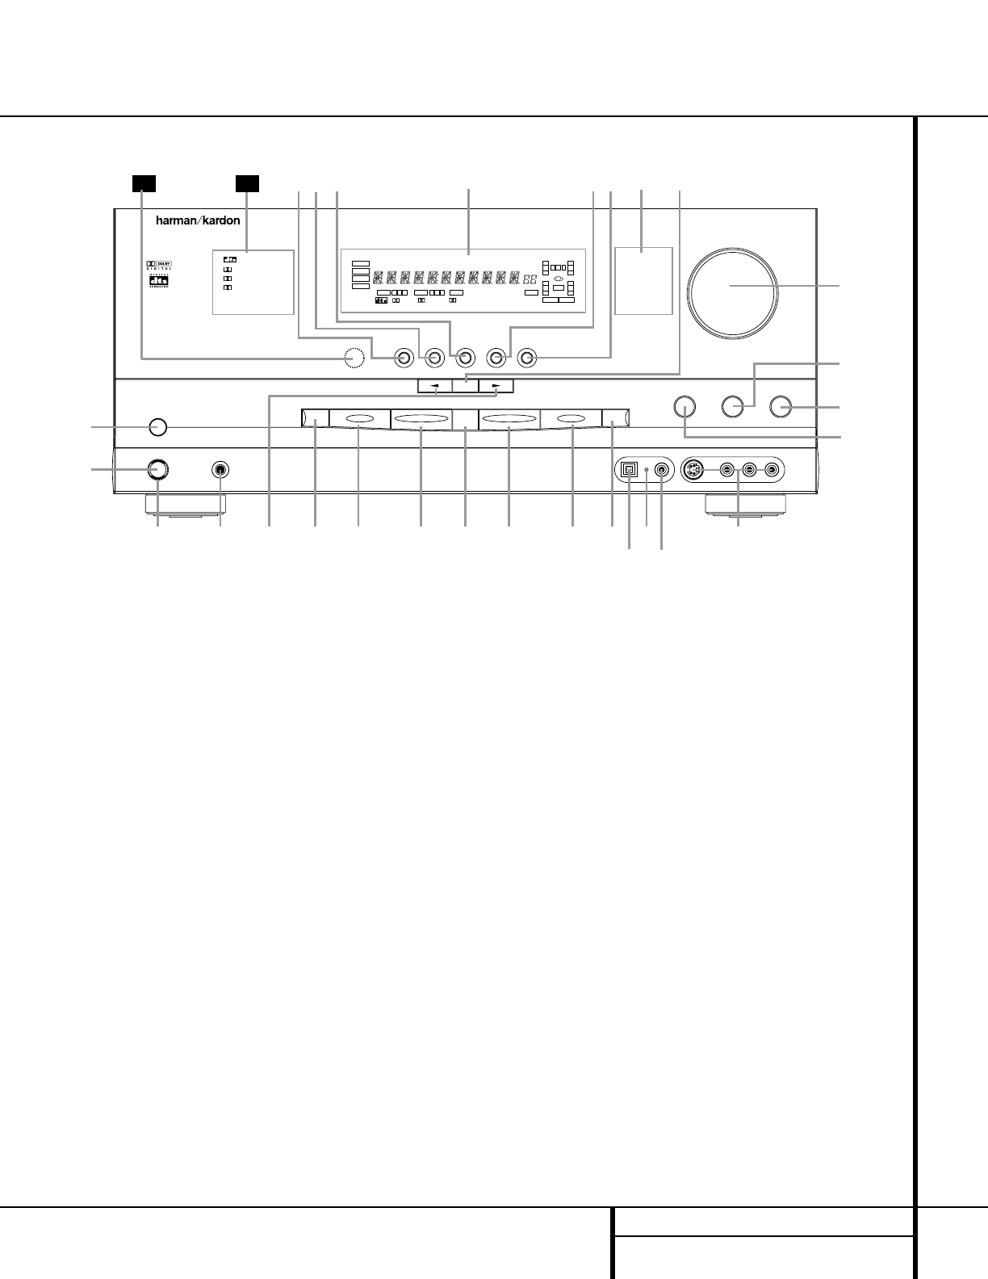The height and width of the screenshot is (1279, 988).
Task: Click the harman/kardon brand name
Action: coord(198,220)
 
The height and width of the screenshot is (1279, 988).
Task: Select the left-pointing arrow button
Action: coord(435,386)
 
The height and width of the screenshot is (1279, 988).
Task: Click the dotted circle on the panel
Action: coord(353,357)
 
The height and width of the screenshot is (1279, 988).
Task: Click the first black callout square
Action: coord(143,183)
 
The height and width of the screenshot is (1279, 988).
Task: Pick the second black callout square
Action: coord(247,183)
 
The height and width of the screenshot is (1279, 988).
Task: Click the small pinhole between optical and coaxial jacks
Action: coord(647,469)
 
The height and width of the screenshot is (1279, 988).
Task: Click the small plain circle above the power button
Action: coord(158,426)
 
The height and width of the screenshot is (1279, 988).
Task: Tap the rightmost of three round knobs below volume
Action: coord(780,406)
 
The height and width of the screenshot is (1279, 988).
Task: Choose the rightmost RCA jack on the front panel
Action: coord(772,469)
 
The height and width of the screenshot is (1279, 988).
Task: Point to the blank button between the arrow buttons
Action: coord(466,386)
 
